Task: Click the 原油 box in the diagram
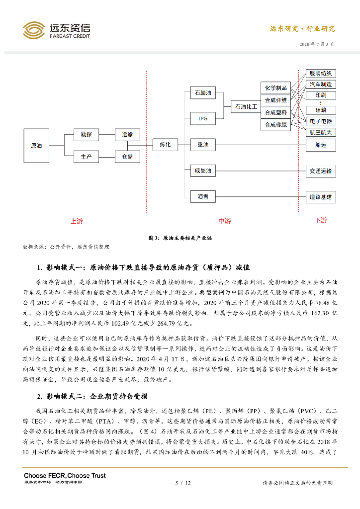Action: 36,146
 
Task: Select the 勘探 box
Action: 86,134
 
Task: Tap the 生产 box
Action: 86,157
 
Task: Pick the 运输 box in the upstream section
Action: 127,134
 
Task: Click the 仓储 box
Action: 127,157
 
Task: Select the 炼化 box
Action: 165,145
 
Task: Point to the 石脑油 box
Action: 203,93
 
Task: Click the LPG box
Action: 203,119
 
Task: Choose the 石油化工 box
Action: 246,106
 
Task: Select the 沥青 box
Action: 203,197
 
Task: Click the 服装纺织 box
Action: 320,73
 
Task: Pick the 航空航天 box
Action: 320,132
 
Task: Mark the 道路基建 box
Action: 320,197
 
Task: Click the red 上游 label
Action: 76,221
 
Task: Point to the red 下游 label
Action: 321,220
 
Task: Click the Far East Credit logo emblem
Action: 34,30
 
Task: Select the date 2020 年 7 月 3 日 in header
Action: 317,44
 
